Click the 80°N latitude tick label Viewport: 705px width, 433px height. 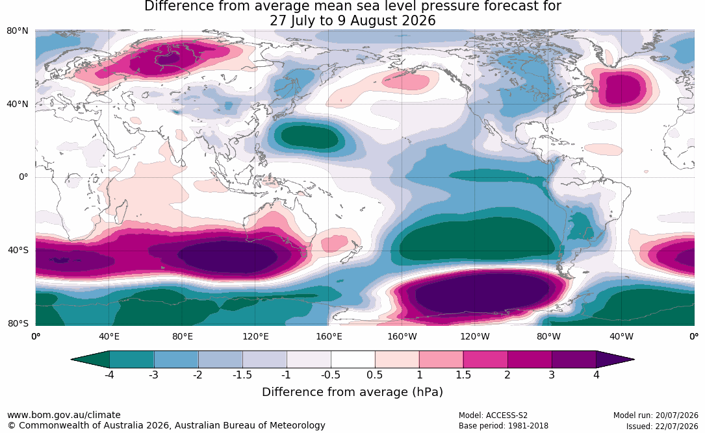(x=17, y=31)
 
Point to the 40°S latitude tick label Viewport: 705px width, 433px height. (x=18, y=250)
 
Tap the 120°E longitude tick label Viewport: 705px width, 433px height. (x=256, y=336)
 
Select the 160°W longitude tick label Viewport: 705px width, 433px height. (x=402, y=336)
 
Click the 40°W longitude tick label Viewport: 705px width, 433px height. (x=622, y=336)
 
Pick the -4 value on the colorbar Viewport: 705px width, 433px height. (x=109, y=375)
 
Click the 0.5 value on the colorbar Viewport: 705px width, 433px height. (x=374, y=375)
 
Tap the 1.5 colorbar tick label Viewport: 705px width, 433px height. (x=463, y=375)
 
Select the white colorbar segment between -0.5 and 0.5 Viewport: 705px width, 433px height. (x=353, y=360)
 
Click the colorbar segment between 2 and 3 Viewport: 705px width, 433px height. (x=530, y=360)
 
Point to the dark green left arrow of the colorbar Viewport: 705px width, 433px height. (x=90, y=360)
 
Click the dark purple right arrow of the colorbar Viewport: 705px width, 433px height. (x=615, y=360)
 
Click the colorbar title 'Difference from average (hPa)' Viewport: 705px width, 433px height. (x=352, y=392)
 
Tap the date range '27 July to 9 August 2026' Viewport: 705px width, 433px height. (x=352, y=21)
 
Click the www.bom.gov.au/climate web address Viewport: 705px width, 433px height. (x=64, y=415)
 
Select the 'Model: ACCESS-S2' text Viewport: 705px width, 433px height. (x=493, y=415)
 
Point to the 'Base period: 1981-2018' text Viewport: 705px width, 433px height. (x=504, y=426)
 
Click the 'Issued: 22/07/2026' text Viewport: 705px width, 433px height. (x=662, y=426)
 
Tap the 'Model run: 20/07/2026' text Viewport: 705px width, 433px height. (x=656, y=415)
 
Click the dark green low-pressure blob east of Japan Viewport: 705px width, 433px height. (x=309, y=136)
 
